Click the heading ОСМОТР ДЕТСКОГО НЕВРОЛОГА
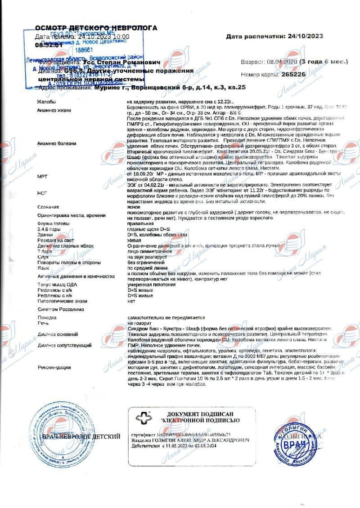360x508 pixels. coord(96,28)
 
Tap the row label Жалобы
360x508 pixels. coord(47,102)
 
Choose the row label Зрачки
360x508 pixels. coord(45,235)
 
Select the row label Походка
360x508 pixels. coord(48,317)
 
